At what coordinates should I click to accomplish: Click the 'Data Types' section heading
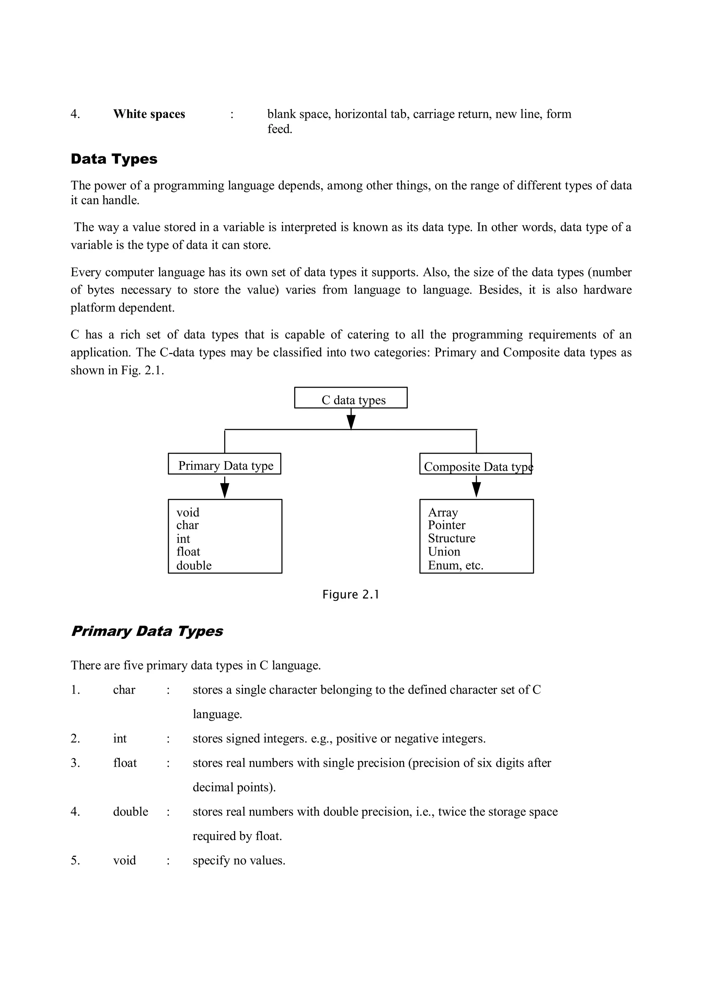point(114,159)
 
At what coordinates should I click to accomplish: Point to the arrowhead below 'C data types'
point(351,421)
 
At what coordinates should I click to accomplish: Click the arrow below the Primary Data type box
point(224,488)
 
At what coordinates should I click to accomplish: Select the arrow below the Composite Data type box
point(476,488)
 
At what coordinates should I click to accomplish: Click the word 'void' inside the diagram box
point(188,513)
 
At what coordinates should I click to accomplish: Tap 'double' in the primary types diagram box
point(194,565)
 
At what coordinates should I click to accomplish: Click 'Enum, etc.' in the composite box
point(456,565)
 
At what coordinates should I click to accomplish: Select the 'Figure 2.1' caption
point(350,595)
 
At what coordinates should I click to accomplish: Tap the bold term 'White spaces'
point(149,114)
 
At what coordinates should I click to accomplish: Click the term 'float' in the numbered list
point(125,763)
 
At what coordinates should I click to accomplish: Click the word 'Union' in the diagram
point(444,552)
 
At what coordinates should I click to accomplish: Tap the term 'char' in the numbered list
point(124,690)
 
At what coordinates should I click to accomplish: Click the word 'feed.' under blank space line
point(280,129)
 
